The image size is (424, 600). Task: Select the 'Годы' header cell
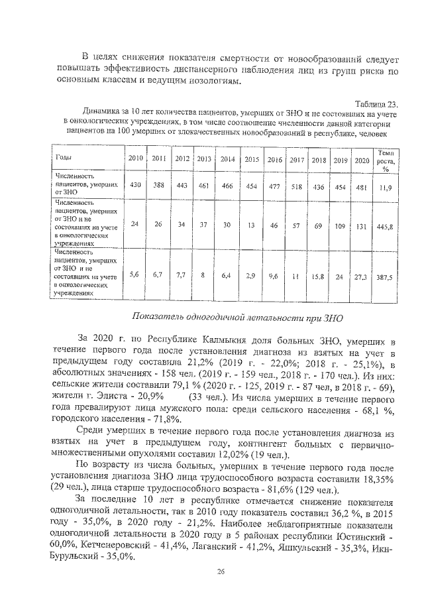click(64, 158)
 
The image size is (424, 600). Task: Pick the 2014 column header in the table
click(227, 159)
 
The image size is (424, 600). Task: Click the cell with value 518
click(297, 187)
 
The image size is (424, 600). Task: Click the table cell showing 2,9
click(251, 274)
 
